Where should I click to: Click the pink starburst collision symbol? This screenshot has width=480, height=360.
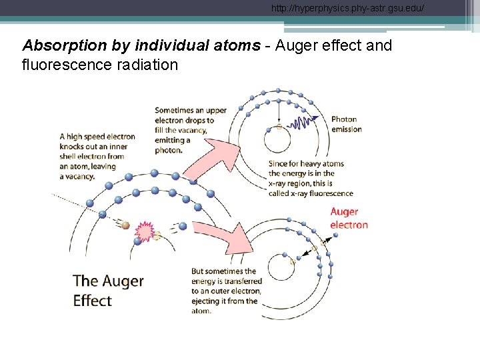(145, 231)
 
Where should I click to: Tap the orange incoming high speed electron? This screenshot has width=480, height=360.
(125, 225)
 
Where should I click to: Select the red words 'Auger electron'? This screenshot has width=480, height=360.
(349, 218)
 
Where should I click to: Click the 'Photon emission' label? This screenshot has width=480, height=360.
(346, 125)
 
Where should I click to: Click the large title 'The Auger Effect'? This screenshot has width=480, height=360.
(108, 290)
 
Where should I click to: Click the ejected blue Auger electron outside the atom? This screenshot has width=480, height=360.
(335, 234)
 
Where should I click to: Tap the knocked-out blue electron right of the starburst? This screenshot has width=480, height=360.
(182, 226)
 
